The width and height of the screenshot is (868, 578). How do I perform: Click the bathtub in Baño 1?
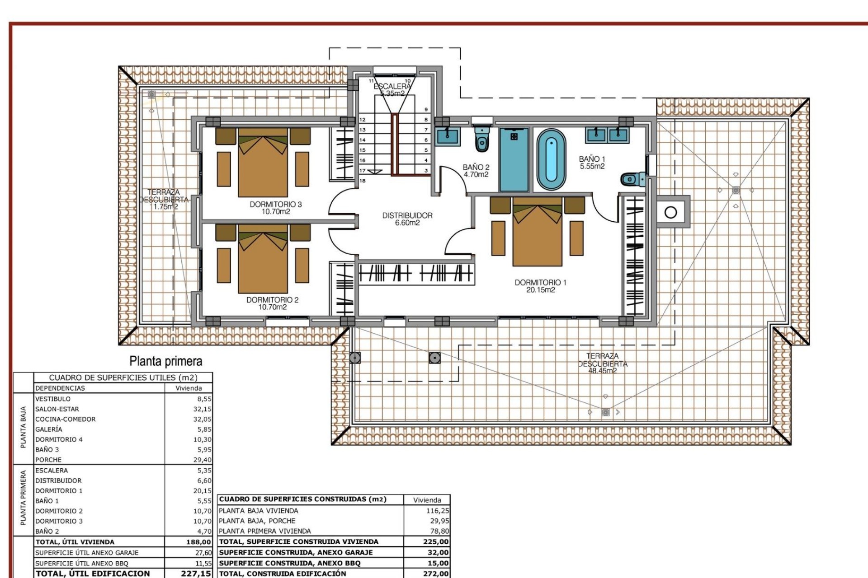tap(551, 160)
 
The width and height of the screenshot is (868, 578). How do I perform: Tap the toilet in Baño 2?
tap(482, 139)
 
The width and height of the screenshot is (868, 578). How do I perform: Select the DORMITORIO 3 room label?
tap(275, 205)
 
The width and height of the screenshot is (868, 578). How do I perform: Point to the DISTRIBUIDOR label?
tap(407, 216)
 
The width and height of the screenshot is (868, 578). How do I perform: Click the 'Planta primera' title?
tap(166, 361)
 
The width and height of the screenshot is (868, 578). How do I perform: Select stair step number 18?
tap(363, 181)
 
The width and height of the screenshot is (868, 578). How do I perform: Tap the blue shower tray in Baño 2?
tap(514, 159)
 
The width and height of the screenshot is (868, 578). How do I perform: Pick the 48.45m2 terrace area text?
tap(602, 371)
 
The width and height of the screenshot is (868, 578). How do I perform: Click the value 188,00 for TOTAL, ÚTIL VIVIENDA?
tap(198, 542)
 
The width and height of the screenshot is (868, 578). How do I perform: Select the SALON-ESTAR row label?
tap(57, 409)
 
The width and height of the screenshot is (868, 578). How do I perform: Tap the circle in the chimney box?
tap(671, 212)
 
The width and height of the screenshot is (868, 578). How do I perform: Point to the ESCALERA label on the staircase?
tap(392, 86)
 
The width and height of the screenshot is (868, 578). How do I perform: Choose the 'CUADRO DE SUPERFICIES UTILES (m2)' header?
tap(123, 378)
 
